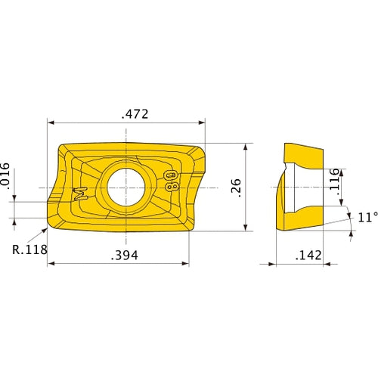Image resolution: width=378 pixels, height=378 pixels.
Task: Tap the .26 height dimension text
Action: (235, 186)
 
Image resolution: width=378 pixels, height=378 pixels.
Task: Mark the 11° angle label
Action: (366, 218)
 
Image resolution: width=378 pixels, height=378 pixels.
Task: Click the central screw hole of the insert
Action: (122, 186)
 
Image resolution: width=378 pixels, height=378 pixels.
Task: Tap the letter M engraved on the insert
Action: (80, 193)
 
